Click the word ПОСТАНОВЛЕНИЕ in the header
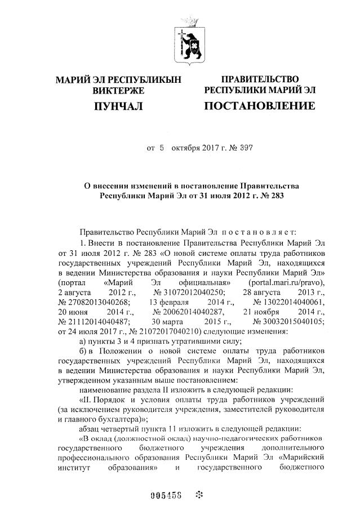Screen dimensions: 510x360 click(x=259, y=106)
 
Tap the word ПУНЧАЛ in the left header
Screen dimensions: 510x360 click(x=117, y=106)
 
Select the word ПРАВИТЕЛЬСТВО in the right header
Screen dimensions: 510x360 click(x=260, y=79)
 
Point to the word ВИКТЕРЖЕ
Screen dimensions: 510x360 click(x=118, y=90)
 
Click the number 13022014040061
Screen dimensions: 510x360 click(x=289, y=302)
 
